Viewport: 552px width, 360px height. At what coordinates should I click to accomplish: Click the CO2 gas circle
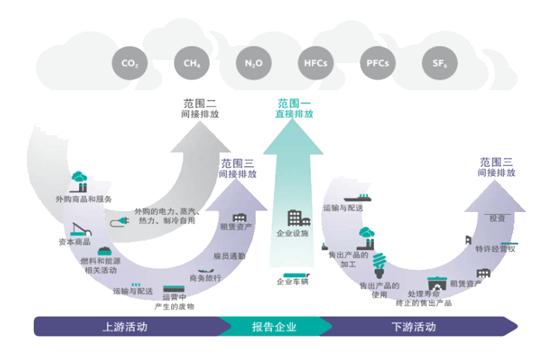coord(129,64)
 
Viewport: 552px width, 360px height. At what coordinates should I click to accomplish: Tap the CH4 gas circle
coord(192,64)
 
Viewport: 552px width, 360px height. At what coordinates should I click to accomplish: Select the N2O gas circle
coord(253,64)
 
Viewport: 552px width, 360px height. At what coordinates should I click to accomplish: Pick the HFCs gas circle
coord(315,64)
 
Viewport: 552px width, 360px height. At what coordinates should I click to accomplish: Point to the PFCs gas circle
coord(376,64)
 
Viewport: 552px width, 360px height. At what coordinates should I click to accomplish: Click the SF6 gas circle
coord(439,64)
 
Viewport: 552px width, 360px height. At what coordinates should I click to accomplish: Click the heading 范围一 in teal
coord(294,102)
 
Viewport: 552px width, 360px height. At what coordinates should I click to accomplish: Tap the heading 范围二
coord(200,103)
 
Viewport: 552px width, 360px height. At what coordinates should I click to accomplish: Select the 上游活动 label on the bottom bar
coord(125,327)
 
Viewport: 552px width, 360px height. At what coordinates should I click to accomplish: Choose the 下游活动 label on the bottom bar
coord(413,327)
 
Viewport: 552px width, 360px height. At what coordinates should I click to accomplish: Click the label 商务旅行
coord(206,278)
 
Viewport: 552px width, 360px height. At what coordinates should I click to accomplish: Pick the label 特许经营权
coord(496,249)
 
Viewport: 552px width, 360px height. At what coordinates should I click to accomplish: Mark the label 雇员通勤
coord(229,256)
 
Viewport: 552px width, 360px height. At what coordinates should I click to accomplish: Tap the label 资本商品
coord(74,242)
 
